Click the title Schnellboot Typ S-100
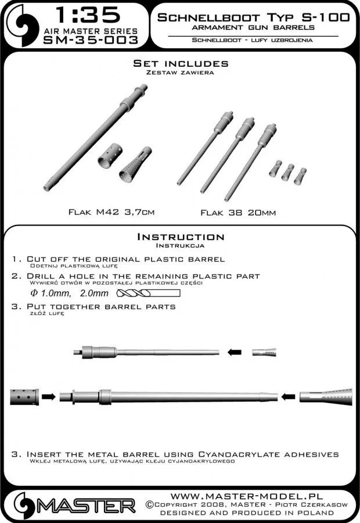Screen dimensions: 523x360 (250, 17)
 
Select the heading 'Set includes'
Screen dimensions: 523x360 (180, 63)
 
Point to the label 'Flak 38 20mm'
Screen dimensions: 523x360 (238, 213)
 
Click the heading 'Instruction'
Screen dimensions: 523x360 (180, 237)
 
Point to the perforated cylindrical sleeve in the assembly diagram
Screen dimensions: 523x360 (24, 397)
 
